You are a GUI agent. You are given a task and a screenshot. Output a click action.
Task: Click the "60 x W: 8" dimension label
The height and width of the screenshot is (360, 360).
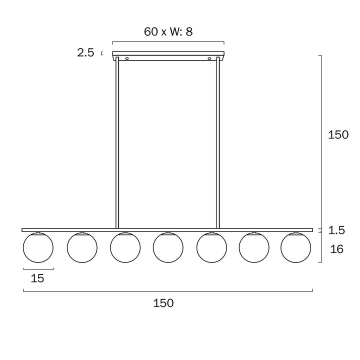168,31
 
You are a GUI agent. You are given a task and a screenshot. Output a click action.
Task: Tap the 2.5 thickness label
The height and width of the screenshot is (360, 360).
85,53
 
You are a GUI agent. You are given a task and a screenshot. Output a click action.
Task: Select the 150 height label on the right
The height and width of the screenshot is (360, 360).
338,134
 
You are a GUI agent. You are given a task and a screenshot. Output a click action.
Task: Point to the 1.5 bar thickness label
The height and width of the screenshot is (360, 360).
336,230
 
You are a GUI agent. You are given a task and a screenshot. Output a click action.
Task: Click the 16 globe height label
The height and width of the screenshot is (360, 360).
336,249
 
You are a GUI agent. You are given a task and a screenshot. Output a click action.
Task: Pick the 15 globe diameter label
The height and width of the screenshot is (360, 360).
37,278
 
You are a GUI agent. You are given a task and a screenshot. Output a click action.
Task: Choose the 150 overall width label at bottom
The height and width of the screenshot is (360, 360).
163,303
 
